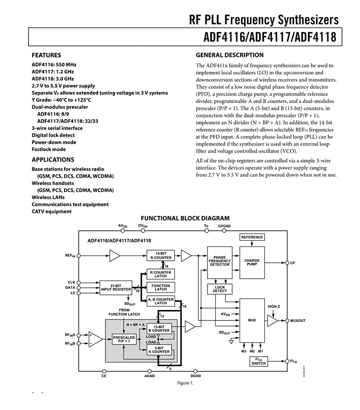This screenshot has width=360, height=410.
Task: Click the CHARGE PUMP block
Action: pos(252,263)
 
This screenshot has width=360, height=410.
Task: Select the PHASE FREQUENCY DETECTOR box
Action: pos(219,263)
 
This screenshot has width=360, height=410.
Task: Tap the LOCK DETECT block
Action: pos(219,289)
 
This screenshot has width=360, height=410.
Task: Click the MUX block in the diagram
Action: pos(252,320)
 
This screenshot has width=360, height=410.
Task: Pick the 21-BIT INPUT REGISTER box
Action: pos(116,288)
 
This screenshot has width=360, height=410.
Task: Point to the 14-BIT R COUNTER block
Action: pos(161,256)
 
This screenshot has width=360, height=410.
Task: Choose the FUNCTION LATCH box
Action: pos(161,287)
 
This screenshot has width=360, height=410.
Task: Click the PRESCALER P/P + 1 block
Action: pos(124,339)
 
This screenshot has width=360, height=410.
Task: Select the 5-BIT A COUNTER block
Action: pos(159,350)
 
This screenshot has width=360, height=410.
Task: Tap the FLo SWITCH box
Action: pos(258,361)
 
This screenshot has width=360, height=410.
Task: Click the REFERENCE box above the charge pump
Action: pos(252,237)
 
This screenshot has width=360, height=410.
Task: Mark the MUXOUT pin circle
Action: pos(287,320)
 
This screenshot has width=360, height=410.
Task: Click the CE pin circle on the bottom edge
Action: pos(104,372)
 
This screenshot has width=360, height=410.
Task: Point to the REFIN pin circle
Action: pos(78,256)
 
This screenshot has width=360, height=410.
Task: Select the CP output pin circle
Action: pos(287,263)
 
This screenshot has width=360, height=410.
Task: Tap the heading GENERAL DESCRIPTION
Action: pos(230,55)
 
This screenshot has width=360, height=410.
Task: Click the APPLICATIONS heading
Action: pos(53,160)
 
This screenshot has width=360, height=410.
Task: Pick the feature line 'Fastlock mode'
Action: pos(49,149)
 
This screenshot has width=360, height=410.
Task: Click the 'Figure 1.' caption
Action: pos(185,383)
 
